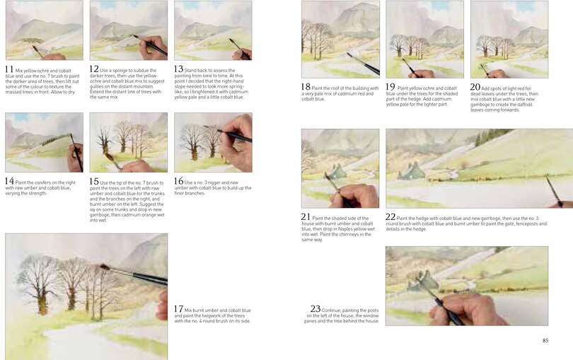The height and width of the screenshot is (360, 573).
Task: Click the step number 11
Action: [x=9, y=69]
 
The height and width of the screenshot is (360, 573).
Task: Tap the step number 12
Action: [x=94, y=69]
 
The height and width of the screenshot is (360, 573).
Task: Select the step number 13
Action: [x=179, y=69]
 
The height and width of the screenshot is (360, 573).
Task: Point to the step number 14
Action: [x=10, y=181]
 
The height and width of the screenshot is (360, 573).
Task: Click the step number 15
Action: [x=94, y=181]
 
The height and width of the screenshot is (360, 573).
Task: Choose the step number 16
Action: [x=179, y=181]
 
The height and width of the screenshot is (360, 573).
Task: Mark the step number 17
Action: [x=179, y=309]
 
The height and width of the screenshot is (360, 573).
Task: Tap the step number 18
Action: [x=306, y=87]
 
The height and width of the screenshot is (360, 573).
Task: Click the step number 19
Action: [x=390, y=87]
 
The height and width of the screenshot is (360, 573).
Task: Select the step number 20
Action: [x=475, y=87]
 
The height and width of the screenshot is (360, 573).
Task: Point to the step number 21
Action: [x=306, y=216]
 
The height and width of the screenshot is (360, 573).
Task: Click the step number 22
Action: [x=390, y=216]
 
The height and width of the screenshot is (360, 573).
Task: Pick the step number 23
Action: [x=316, y=308]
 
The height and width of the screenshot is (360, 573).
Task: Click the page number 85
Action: [x=544, y=341]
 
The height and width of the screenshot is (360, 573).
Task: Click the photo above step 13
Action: [x=212, y=30]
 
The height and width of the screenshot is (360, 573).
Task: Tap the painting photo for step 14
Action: [x=43, y=142]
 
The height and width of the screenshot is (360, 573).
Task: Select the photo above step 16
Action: [x=212, y=142]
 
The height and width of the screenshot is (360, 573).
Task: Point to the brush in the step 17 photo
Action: [x=134, y=274]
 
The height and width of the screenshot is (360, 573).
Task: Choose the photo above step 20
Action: [x=509, y=39]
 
